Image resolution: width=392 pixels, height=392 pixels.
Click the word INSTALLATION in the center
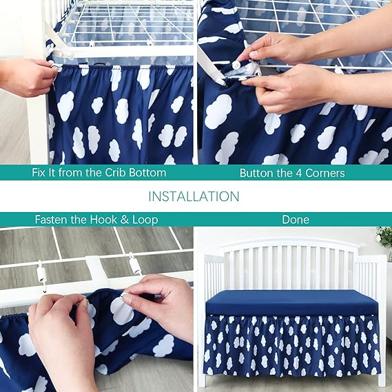(194, 196)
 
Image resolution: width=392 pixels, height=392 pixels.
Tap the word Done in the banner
(296, 220)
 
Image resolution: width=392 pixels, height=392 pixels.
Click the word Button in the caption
(257, 173)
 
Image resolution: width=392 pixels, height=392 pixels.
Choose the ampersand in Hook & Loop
(124, 220)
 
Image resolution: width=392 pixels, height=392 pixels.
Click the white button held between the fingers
(236, 65)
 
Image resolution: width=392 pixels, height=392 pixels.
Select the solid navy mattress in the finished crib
(291, 302)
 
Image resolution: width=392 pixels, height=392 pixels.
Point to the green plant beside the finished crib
(384, 237)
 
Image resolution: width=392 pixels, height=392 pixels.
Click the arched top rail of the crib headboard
(291, 242)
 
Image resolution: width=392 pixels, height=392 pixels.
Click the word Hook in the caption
(104, 220)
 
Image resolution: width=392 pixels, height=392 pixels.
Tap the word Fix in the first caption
(38, 173)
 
